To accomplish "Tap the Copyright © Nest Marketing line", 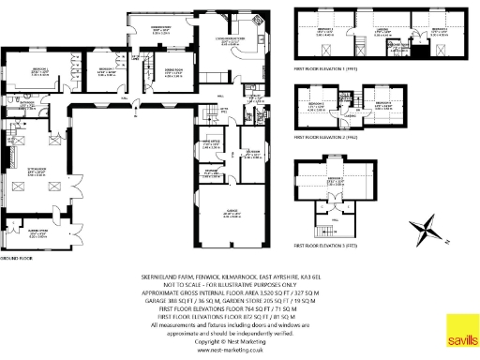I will pyautogui.click(x=223, y=338).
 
